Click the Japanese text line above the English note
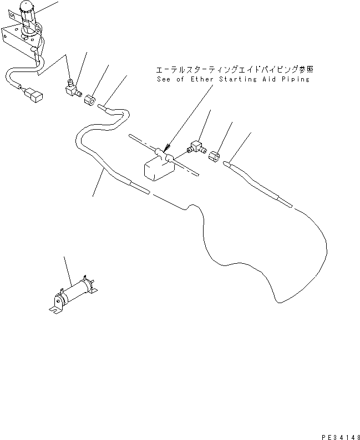coord(235,70)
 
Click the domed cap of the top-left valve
coord(27,7)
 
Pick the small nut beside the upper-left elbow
coord(90,100)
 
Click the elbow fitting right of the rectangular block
coord(196,147)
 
